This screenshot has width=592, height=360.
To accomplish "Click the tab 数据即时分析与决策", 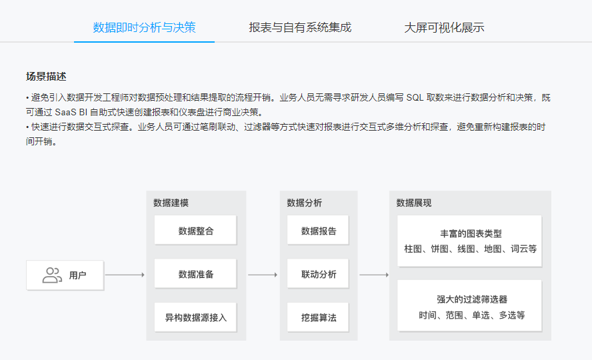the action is coord(144,27).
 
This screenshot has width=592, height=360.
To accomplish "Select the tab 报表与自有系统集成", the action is coord(300,27).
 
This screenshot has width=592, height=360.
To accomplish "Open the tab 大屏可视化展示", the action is coord(445,27).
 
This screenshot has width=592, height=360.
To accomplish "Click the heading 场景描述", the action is coord(46,77).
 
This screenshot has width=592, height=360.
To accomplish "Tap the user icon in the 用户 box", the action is coord(52,275).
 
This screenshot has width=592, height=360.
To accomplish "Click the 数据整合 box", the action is coord(195,230).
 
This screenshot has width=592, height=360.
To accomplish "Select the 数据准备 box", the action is coord(195,274).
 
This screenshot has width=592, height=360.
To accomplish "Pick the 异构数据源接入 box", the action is coord(195,317).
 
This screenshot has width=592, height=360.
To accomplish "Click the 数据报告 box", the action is coord(318,230).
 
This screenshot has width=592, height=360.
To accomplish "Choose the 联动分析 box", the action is coord(318,274).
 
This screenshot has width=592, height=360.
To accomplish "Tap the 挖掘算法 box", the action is coord(318,317).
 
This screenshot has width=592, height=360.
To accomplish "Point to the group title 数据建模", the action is coord(171,203).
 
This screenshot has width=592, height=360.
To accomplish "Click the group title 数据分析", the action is coord(304,203).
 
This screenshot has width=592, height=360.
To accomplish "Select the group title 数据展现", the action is coord(414,203).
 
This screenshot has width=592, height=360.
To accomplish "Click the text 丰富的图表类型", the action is coord(471,233).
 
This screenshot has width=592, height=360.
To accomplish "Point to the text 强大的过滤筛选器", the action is coord(472,299).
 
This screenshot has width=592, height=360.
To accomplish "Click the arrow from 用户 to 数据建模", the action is coord(125,275).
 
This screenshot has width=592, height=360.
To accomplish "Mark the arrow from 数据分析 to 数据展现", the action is coord(374,275).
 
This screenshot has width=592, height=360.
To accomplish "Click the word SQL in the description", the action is coord(415,98).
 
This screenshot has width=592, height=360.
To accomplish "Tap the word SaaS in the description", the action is coord(66,112).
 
